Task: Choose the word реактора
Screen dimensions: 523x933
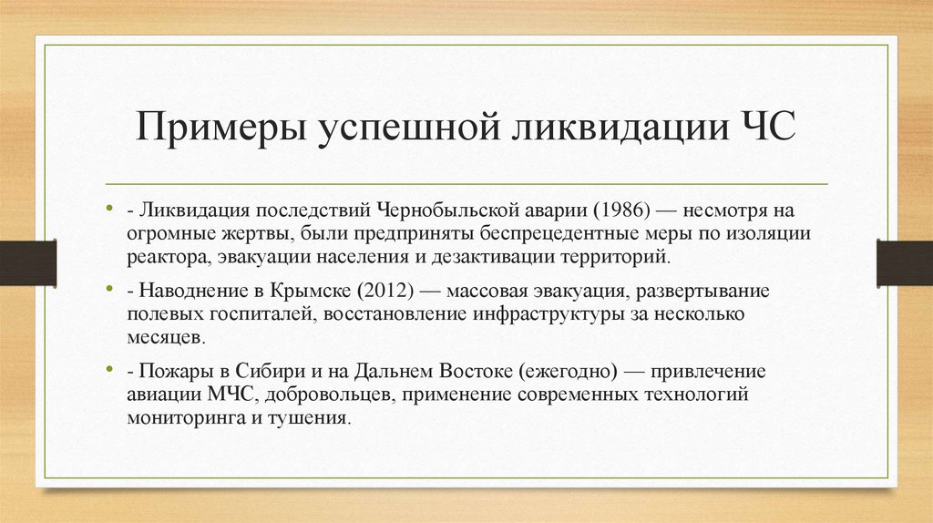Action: [x=169, y=256]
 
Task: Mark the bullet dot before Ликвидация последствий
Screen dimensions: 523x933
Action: [x=109, y=208]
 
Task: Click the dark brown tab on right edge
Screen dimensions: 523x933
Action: [x=904, y=262]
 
